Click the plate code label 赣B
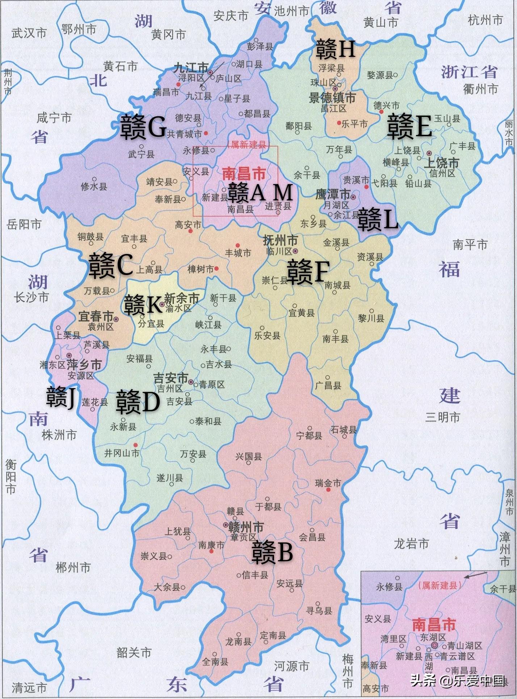coord(272,553)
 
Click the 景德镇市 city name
coord(332,97)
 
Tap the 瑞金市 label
coord(328,483)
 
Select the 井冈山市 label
coord(122,453)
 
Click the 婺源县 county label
coord(380,75)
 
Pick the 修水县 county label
coord(94,187)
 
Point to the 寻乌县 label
coord(319,611)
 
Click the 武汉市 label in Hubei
coord(29,33)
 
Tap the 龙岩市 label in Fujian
coord(411,544)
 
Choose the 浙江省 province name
coord(469,72)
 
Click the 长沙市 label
coord(31,298)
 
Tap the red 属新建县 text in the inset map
coord(440,585)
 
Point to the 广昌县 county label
coord(328,385)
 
